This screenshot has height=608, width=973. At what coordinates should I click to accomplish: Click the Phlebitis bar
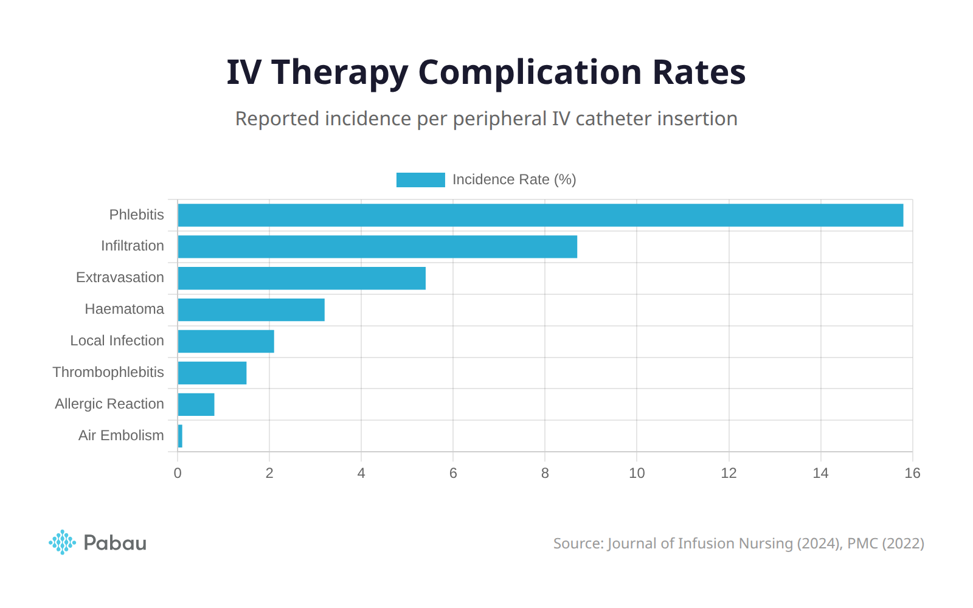pos(540,215)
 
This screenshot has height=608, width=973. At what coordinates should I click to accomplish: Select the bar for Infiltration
pos(377,247)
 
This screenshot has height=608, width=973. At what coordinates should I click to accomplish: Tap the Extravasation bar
pos(302,278)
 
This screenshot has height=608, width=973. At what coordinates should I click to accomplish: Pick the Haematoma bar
pos(251,310)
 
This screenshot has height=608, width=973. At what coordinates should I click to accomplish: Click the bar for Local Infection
pos(226,342)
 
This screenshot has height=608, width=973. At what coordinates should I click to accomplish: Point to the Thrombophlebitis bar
pos(212,373)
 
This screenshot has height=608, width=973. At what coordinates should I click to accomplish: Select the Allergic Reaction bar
pos(196,405)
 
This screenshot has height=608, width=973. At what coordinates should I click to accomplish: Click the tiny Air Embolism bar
pos(180,437)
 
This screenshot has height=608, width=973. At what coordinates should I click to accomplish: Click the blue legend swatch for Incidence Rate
pos(420,180)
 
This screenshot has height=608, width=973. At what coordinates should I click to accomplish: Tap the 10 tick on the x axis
pos(637,474)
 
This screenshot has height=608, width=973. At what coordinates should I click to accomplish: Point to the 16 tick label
pos(912,474)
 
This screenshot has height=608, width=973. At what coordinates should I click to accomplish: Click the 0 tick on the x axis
pos(178,474)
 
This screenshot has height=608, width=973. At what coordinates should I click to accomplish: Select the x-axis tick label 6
pos(453,474)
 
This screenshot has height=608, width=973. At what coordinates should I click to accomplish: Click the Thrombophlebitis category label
pos(108,372)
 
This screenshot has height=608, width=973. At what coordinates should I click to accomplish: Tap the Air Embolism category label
pos(121,435)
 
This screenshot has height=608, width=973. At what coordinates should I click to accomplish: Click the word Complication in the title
pos(530,72)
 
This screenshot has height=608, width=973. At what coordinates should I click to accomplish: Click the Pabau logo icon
pos(62,542)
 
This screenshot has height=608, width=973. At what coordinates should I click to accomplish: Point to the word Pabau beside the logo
pos(115,543)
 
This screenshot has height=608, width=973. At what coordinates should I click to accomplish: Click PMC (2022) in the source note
pos(885,544)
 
